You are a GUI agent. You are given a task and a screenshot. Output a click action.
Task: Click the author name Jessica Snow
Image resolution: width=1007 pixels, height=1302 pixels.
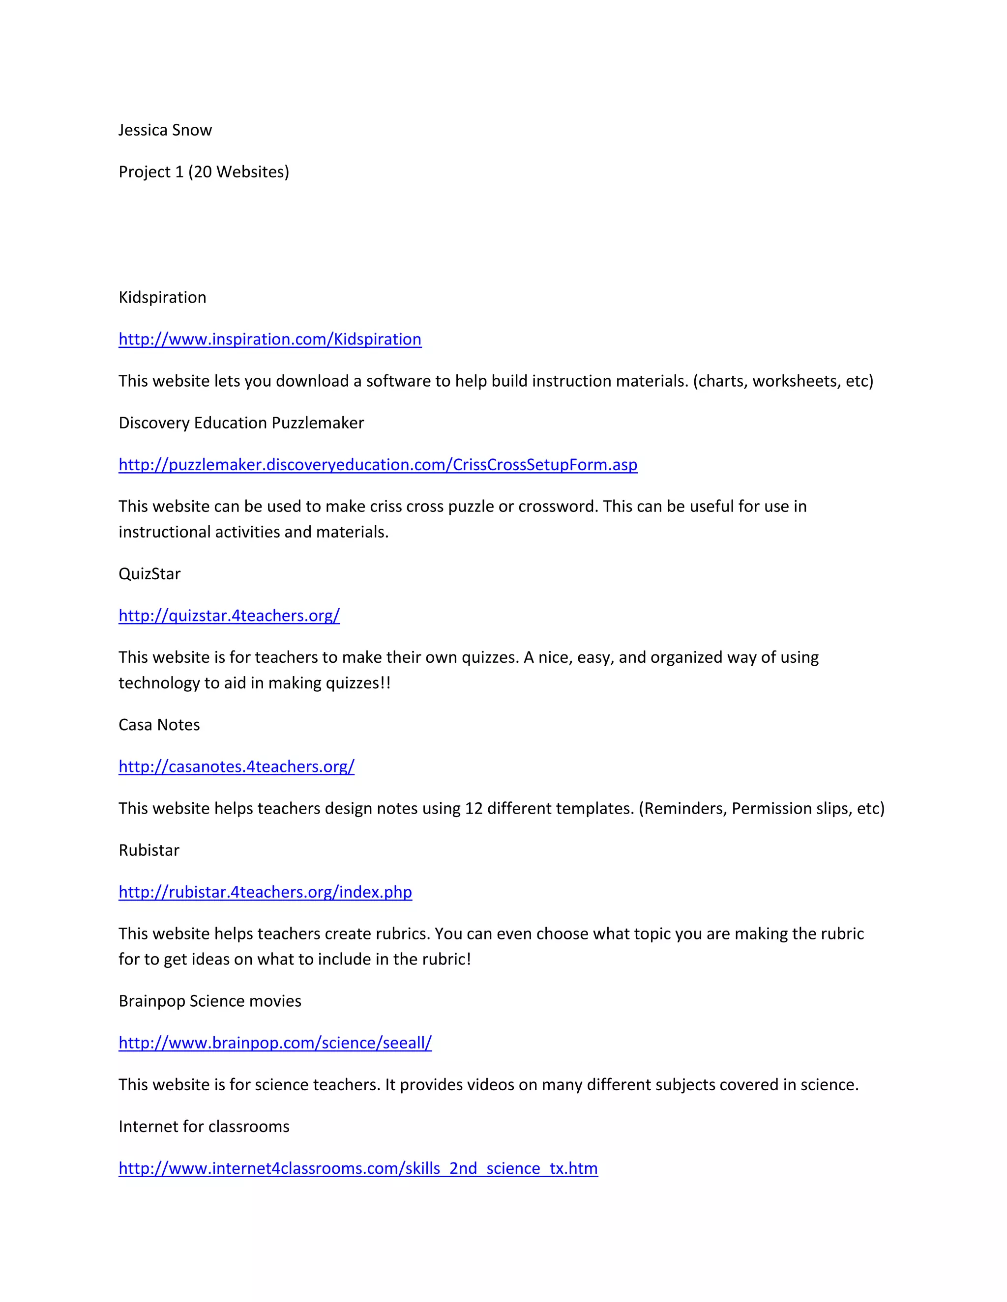coord(165,130)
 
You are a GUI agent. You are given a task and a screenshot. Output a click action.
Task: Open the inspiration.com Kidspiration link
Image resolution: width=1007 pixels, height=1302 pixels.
coord(269,339)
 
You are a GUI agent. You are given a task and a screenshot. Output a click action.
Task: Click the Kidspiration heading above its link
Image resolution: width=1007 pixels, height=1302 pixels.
coord(162,297)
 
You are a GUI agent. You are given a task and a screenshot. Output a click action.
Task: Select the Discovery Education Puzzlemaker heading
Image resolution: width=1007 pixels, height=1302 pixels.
coord(241,423)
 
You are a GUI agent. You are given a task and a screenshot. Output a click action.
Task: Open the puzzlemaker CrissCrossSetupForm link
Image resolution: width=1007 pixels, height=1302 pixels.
coord(378,464)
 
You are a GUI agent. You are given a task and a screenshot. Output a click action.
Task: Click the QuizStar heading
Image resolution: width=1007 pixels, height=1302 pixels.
coord(149,573)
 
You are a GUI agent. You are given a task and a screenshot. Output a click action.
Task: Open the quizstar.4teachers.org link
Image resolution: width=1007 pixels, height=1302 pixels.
coord(229,615)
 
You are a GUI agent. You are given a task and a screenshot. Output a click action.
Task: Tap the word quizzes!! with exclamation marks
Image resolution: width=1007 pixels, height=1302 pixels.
coord(358,682)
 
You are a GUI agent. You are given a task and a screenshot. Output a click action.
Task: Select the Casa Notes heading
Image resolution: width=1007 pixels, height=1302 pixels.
coord(159,724)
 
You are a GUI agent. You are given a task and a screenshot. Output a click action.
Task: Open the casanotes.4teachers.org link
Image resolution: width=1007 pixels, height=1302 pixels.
coord(236,766)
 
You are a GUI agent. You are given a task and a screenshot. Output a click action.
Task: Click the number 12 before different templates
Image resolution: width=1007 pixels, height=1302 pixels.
coord(474,808)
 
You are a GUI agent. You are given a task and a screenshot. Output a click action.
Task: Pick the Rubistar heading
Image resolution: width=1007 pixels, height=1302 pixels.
coord(148,850)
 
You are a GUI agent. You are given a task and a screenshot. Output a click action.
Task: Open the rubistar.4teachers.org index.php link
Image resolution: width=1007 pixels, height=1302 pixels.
coord(265,892)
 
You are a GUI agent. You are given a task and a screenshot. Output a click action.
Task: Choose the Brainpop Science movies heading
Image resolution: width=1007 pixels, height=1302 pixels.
coord(209,1001)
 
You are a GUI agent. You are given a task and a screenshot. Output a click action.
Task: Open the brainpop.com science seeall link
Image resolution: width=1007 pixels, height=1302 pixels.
coord(275,1043)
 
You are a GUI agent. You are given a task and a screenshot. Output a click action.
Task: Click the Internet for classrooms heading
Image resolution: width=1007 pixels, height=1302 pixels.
coord(204,1126)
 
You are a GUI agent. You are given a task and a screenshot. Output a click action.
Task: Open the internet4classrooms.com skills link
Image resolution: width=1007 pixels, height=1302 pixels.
coord(358,1168)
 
